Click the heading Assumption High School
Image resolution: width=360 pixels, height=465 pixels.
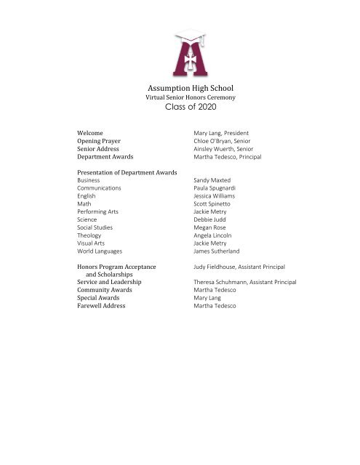[x=180, y=86]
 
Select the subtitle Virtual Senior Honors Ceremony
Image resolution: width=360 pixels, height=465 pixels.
[x=180, y=97]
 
